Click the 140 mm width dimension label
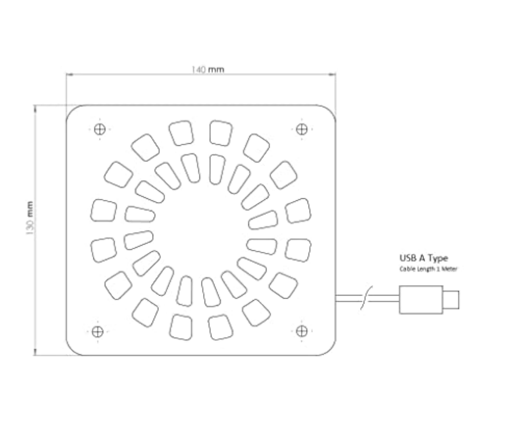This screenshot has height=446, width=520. pos(208,70)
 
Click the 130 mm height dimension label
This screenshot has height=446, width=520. pos(30,218)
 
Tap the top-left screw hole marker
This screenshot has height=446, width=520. pos(100,129)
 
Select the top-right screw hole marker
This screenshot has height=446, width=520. pos(302,129)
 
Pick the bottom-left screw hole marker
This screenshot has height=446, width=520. pos(98,331)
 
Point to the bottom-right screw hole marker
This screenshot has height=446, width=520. pos(302,331)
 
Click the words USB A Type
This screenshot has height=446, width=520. pos(424,258)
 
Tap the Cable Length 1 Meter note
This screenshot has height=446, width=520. pos(428,269)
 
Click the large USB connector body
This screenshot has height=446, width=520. pos(421,300)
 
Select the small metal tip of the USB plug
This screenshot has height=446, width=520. pos(451,300)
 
